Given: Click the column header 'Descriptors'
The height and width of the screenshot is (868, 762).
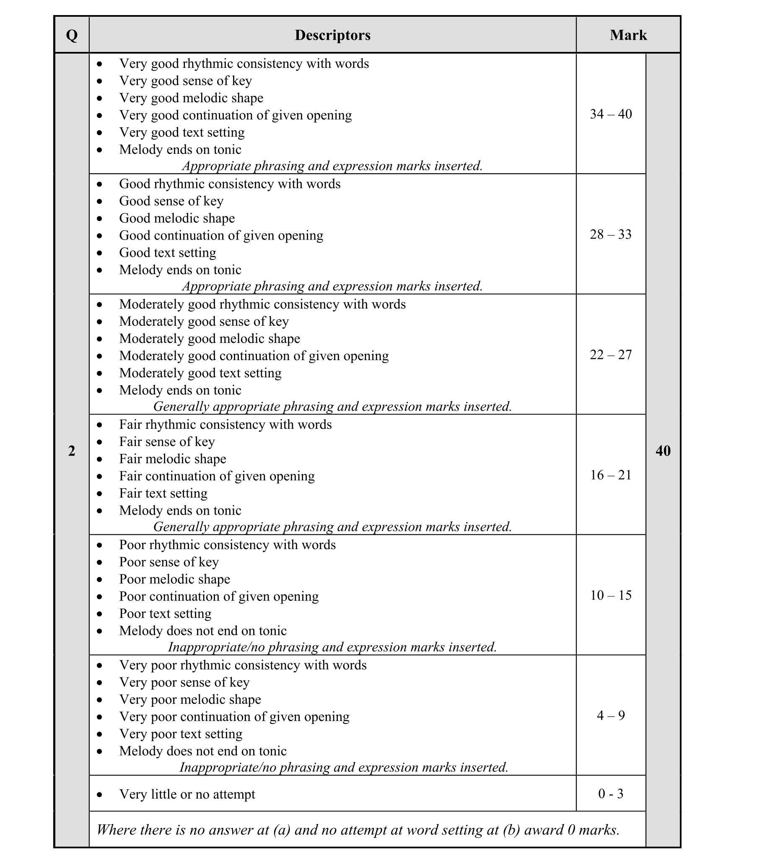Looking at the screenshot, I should pos(332,35).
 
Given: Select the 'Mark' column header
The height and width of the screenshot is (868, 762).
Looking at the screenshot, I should pos(628,35).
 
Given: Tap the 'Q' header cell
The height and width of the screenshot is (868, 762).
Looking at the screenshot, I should pos(72,35).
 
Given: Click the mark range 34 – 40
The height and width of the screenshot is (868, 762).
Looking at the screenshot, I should pos(611,114).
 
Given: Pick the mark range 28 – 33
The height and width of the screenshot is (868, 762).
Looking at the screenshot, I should pos(611,234).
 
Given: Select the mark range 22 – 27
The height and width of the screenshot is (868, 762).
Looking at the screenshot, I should pos(611,354).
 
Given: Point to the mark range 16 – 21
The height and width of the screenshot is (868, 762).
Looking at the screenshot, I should pos(611,475).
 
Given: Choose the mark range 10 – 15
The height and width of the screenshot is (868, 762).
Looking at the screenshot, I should pos(611,595).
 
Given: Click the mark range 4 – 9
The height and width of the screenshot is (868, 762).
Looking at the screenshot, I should pos(611,716).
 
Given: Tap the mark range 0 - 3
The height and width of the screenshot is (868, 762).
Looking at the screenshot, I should pos(611,793).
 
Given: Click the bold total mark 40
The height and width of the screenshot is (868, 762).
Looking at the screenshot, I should pos(663,451).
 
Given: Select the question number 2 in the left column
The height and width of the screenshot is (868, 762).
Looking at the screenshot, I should pos(72,451).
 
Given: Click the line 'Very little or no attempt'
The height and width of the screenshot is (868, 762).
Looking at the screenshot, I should pos(187,794).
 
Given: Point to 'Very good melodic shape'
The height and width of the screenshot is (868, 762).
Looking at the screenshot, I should pos(191,98).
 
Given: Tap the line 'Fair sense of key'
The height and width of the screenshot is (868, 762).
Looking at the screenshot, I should pos(167,442).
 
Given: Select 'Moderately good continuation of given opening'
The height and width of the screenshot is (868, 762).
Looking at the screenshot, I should pos(254,356).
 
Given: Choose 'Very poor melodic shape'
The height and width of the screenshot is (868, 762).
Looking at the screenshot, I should pos(190,699).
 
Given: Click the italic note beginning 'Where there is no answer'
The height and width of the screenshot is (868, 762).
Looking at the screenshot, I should pos(358,829).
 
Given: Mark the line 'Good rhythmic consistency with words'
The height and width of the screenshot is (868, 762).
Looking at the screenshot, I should pos(230,184).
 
